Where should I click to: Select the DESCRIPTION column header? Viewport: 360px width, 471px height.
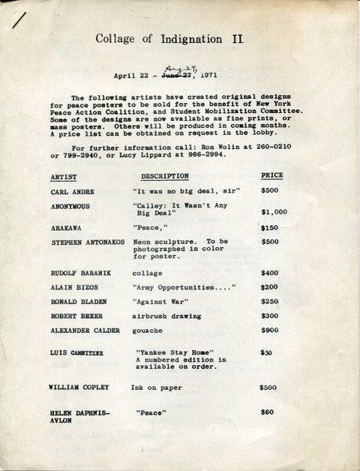tap(164, 176)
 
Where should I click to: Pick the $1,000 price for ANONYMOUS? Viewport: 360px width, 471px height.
tap(274, 211)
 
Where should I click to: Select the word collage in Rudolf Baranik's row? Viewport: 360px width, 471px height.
tap(147, 273)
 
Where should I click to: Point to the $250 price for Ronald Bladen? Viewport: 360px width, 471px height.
tap(270, 301)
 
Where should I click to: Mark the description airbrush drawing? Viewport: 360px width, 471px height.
tap(167, 316)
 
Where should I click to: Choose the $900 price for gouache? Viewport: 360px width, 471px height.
tap(270, 331)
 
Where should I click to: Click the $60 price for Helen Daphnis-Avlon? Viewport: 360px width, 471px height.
tap(267, 411)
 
